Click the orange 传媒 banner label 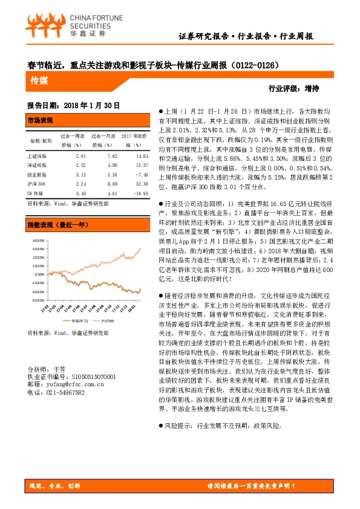[41, 80]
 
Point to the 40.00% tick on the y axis [38, 240]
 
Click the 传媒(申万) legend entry [79, 320]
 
